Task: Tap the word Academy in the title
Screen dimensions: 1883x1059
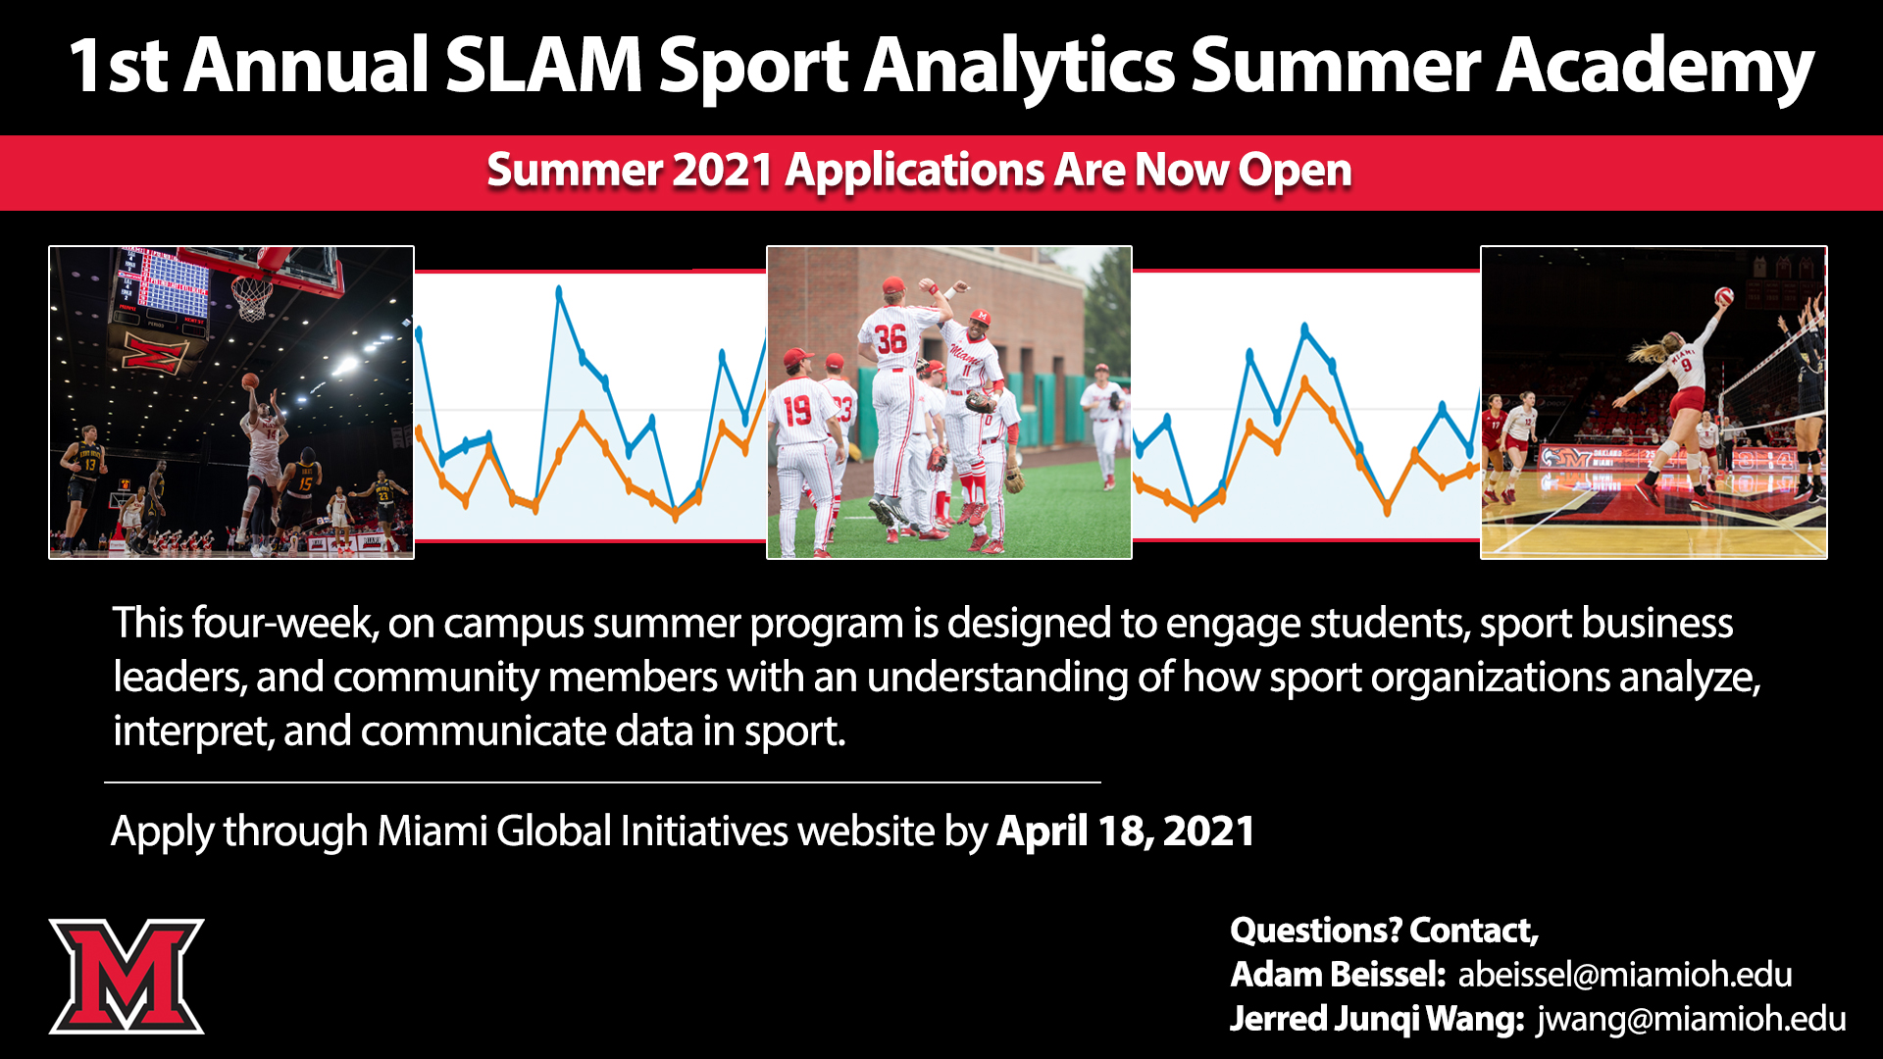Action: click(1654, 69)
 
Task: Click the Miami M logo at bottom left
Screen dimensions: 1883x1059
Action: click(127, 976)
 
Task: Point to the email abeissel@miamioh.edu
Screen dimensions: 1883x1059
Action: click(1625, 975)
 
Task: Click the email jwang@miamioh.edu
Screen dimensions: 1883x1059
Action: click(1691, 1020)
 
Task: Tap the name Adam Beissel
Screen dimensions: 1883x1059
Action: click(1338, 975)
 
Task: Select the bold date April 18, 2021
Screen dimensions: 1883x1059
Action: click(1126, 832)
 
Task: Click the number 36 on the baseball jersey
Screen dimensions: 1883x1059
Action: click(891, 339)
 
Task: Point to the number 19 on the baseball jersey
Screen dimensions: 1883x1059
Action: click(797, 410)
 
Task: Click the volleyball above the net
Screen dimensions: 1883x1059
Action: click(1724, 295)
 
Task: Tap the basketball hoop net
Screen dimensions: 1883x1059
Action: click(252, 298)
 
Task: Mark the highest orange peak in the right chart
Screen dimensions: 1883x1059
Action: click(1305, 380)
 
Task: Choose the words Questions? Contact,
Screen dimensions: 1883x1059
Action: click(1384, 931)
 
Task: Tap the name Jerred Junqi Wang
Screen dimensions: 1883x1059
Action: click(1377, 1020)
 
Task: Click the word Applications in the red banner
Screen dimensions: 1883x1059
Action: click(915, 172)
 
